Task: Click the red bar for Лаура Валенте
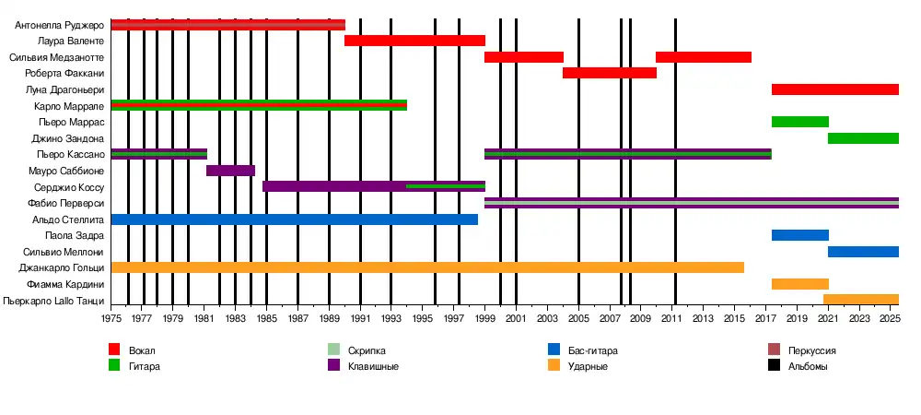[x=414, y=41]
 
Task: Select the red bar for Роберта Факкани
[x=609, y=73]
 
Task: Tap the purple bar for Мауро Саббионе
[x=230, y=171]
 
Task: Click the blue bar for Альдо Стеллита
[x=294, y=219]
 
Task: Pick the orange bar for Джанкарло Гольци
[x=427, y=267]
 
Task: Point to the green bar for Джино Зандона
[x=863, y=138]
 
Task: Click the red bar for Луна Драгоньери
[x=834, y=89]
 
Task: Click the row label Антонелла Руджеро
[x=59, y=25]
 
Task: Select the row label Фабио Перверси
[x=65, y=203]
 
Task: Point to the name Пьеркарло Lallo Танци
[x=53, y=301]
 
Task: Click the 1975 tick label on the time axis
[x=111, y=318]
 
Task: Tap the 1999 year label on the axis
[x=485, y=318]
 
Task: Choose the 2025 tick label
[x=890, y=318]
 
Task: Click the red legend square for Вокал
[x=114, y=350]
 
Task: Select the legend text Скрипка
[x=367, y=350]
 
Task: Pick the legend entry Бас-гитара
[x=593, y=350]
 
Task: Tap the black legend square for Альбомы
[x=775, y=366]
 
